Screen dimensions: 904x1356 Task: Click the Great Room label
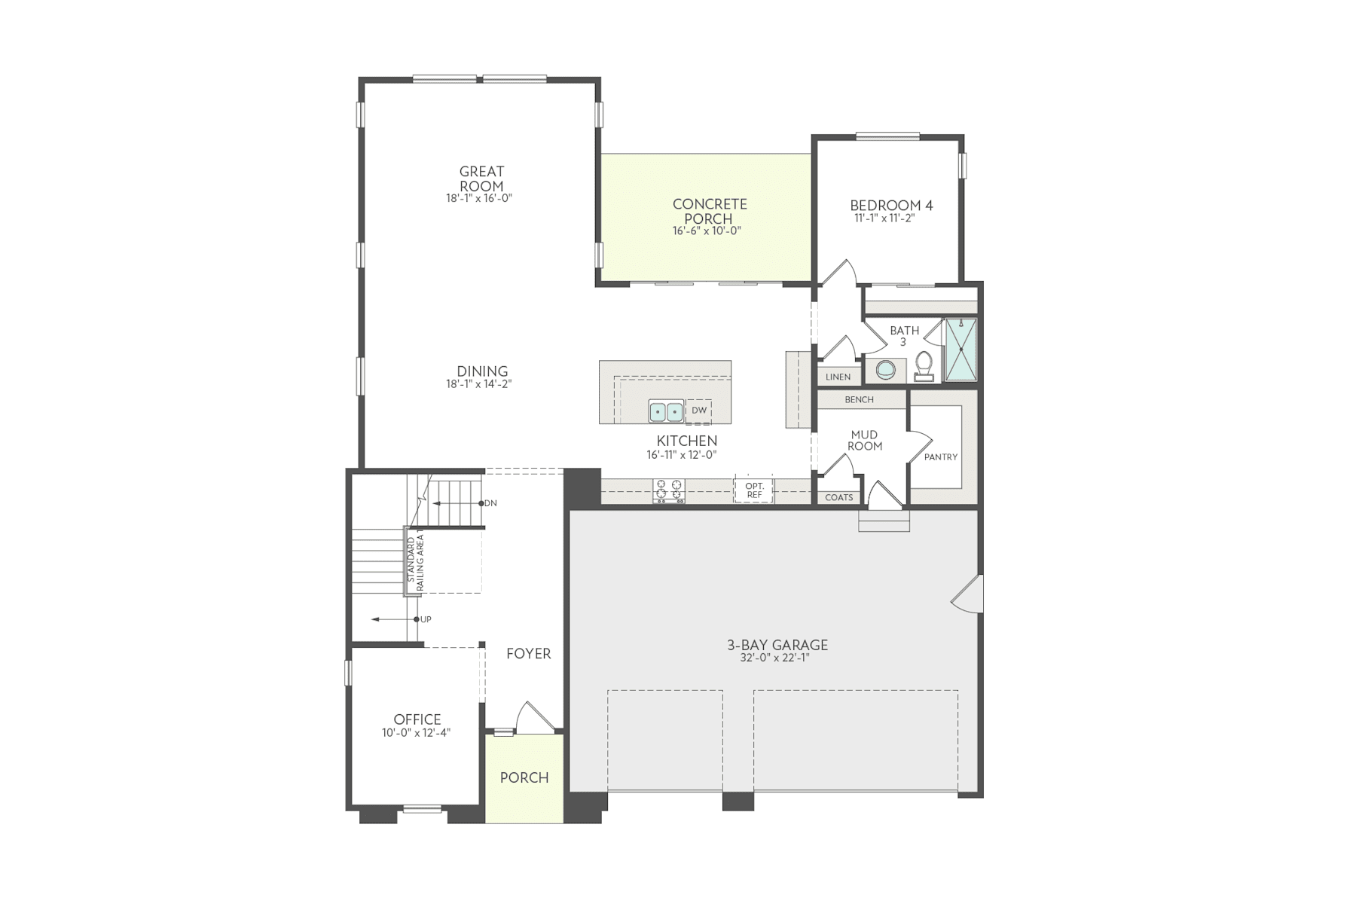click(x=481, y=179)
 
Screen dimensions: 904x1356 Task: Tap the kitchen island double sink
click(x=666, y=412)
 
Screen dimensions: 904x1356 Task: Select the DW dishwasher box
click(x=699, y=411)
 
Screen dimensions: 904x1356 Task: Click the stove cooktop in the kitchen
click(x=669, y=491)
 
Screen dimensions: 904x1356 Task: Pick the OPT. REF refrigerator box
click(x=754, y=490)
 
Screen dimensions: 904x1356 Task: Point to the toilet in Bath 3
click(x=924, y=365)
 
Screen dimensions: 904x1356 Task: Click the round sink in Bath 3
click(x=886, y=370)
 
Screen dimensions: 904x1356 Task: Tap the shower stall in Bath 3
click(x=961, y=350)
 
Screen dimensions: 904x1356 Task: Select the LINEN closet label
click(x=838, y=377)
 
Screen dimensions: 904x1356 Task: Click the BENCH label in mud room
click(x=859, y=400)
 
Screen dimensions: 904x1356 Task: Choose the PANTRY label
click(x=941, y=457)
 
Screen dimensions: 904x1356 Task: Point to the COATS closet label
click(x=838, y=498)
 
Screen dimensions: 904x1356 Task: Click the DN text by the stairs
click(x=490, y=503)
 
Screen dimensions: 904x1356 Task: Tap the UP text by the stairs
click(x=426, y=619)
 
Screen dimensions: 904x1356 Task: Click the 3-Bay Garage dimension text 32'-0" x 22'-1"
click(x=777, y=658)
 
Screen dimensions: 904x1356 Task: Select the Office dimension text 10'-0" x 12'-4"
click(x=417, y=732)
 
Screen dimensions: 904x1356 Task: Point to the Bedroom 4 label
click(x=891, y=206)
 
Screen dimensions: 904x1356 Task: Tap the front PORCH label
click(x=524, y=778)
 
